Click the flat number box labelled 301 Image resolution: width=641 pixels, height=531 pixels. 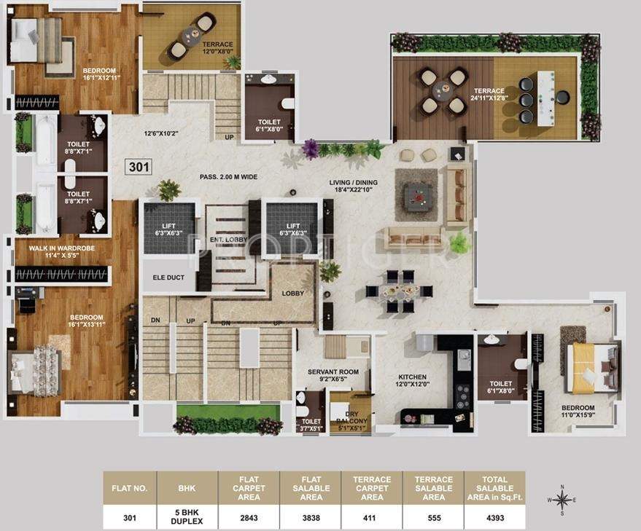138,167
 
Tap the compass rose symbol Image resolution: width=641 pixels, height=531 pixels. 562,500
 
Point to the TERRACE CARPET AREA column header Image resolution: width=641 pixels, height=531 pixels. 372,488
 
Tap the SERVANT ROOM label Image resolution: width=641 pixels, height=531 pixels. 333,375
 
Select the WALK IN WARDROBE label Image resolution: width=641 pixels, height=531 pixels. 60,251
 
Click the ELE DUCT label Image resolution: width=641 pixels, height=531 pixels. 168,278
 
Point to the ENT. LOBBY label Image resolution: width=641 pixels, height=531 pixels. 226,239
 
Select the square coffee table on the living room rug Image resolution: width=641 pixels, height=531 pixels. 416,194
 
